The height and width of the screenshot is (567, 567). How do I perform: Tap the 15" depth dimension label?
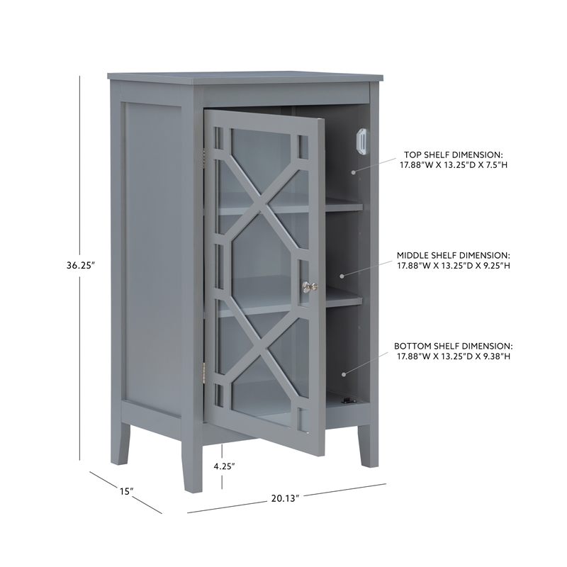126,490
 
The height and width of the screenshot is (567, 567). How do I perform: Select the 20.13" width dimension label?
284,498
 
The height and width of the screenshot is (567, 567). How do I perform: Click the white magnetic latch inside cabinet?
361,140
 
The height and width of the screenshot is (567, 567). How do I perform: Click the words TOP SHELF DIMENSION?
453,154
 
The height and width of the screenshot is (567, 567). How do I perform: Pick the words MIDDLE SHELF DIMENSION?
453,254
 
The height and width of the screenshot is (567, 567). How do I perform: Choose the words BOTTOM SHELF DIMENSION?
453,345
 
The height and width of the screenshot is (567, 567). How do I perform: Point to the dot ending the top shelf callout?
352,171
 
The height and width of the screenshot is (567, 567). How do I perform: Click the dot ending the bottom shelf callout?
344,374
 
